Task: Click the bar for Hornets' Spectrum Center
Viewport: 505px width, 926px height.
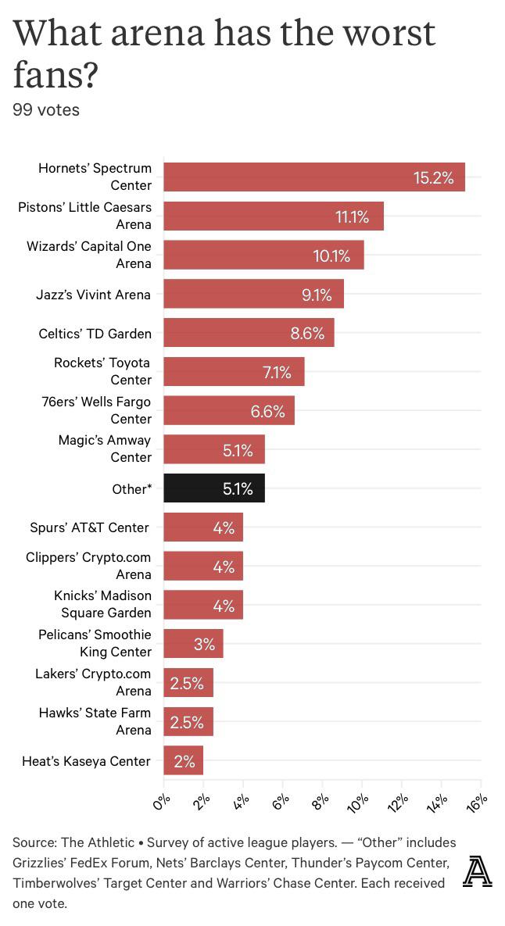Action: tap(313, 177)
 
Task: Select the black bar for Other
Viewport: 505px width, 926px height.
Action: tap(213, 488)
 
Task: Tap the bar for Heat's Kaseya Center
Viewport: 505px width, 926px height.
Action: tap(183, 760)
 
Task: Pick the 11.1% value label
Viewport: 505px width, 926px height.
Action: tap(352, 216)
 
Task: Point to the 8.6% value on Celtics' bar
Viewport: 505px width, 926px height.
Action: tap(307, 334)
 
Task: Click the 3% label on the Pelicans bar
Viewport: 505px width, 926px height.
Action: tap(204, 645)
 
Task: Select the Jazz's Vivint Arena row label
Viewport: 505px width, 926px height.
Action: tap(93, 295)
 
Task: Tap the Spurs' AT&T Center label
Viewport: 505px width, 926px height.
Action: tap(89, 527)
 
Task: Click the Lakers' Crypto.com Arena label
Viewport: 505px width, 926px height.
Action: tap(93, 682)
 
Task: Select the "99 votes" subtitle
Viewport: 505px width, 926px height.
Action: tap(46, 109)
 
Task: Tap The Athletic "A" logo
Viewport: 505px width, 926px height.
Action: tap(477, 872)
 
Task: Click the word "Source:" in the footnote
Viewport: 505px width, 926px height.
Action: tap(34, 842)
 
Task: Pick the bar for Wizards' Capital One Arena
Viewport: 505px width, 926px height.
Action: tap(263, 256)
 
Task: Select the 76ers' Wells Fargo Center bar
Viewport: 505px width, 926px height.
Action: tap(229, 410)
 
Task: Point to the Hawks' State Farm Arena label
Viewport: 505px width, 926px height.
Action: tap(95, 721)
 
